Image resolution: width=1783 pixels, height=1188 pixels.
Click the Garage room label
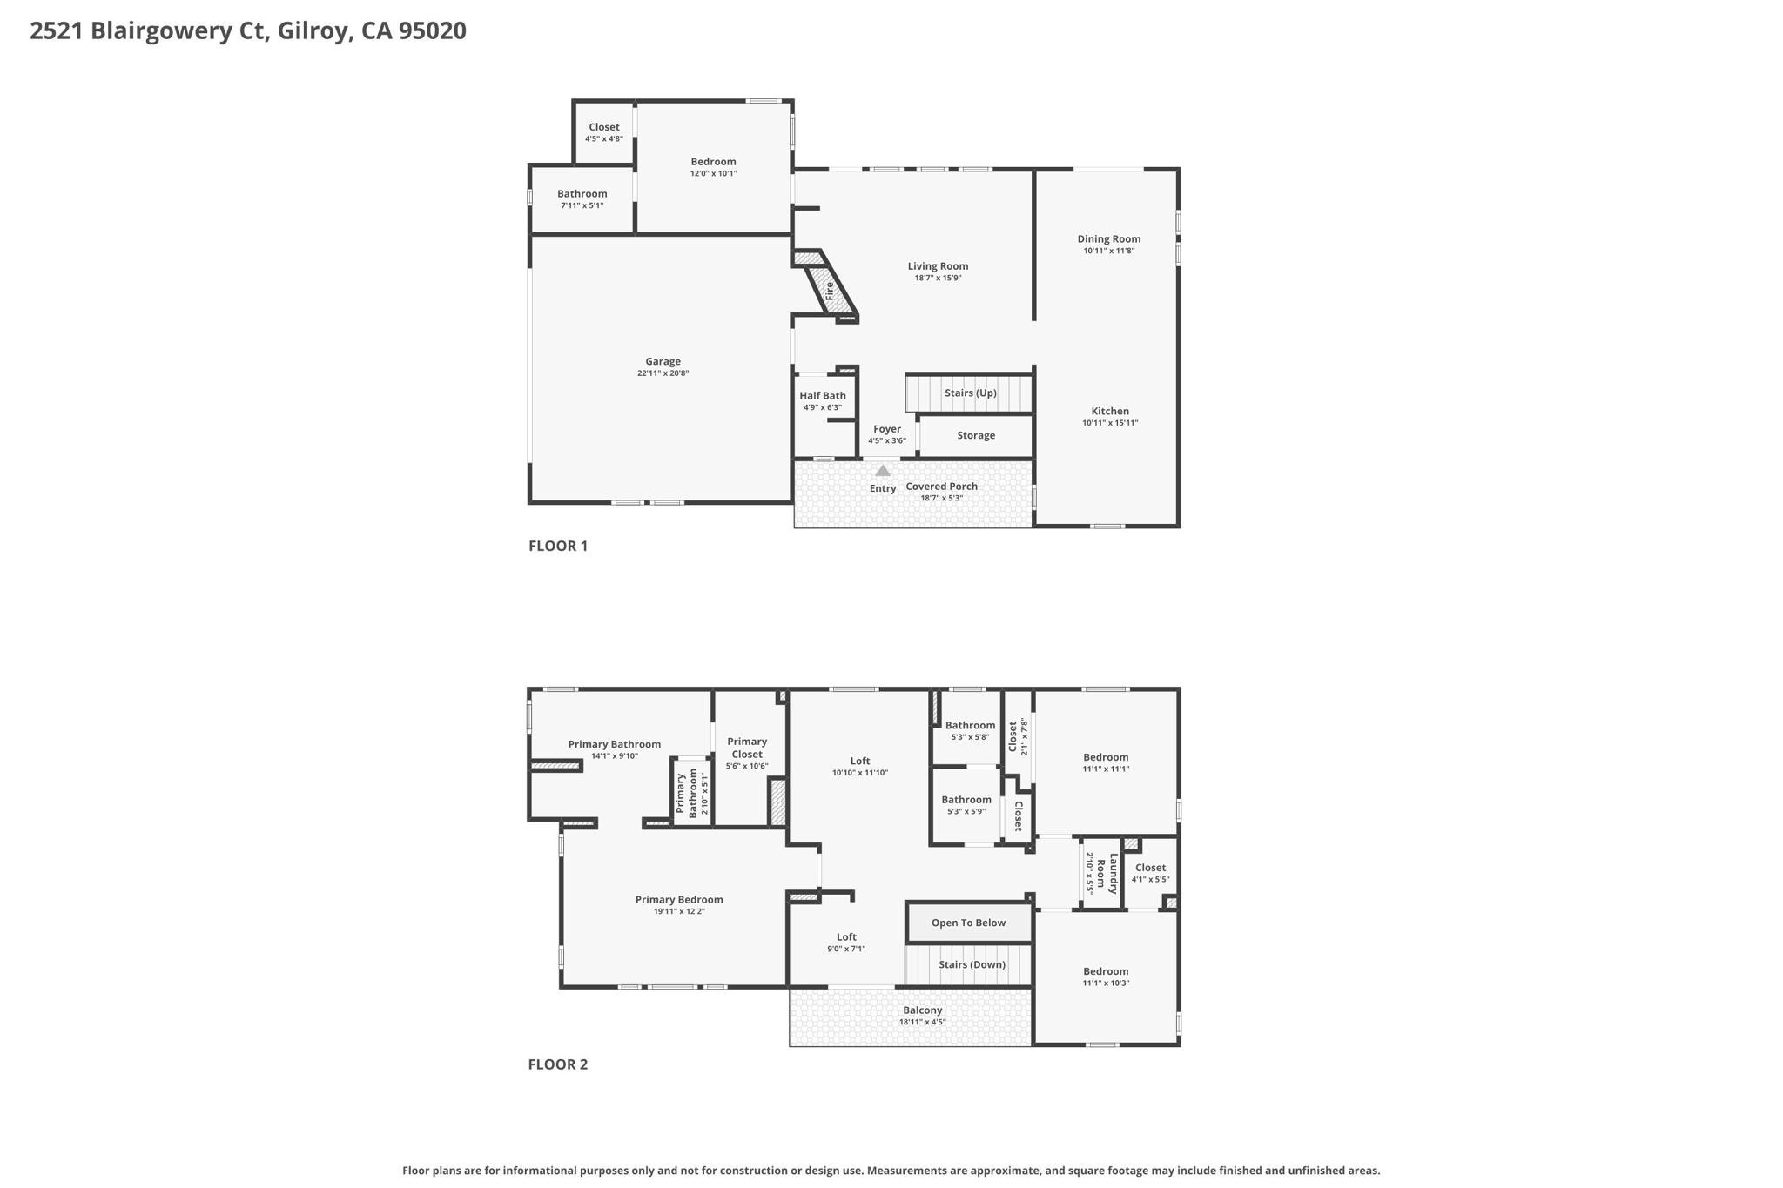(663, 361)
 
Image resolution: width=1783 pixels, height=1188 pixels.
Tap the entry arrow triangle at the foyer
(883, 471)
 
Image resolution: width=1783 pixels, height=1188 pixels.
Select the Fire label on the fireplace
(830, 291)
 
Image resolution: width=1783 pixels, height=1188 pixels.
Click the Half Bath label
(823, 396)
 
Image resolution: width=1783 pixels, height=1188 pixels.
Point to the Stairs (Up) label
(970, 393)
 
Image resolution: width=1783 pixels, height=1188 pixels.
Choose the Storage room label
(976, 436)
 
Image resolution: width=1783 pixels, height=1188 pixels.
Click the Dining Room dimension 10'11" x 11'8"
(1108, 251)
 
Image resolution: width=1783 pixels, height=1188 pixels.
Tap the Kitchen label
(1110, 412)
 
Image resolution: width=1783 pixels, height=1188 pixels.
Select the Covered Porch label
(941, 487)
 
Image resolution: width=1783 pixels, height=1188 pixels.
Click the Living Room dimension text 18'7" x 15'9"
(938, 279)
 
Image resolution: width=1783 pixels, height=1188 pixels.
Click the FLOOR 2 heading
(557, 1064)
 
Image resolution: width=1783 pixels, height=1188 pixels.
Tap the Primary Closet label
(747, 748)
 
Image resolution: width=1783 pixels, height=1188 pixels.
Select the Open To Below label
(968, 923)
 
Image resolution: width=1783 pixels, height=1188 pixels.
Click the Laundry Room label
(1107, 874)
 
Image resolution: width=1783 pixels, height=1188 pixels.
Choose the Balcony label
(922, 1010)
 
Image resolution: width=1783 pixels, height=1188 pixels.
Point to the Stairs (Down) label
(972, 964)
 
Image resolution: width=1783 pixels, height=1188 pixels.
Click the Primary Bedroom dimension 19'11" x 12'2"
(678, 911)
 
